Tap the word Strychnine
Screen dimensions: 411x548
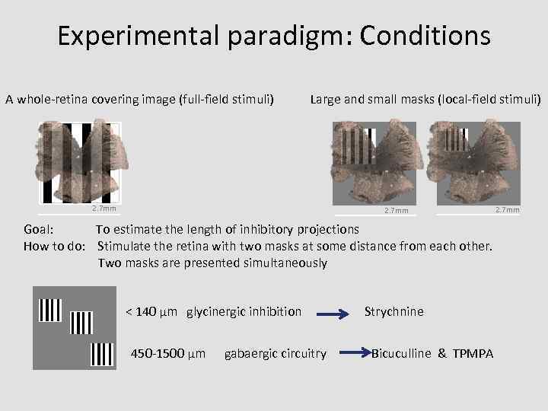pos(394,311)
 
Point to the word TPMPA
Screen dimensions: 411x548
pos(473,353)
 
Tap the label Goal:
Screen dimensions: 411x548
pos(38,229)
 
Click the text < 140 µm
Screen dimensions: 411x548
pos(152,311)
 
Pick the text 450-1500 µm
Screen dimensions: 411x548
pos(168,353)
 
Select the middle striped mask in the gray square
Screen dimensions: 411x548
pos(80,323)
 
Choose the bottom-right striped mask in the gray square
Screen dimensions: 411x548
pos(102,354)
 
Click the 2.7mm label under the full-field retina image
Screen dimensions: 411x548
pos(104,208)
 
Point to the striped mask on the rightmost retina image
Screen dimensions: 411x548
pos(457,140)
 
